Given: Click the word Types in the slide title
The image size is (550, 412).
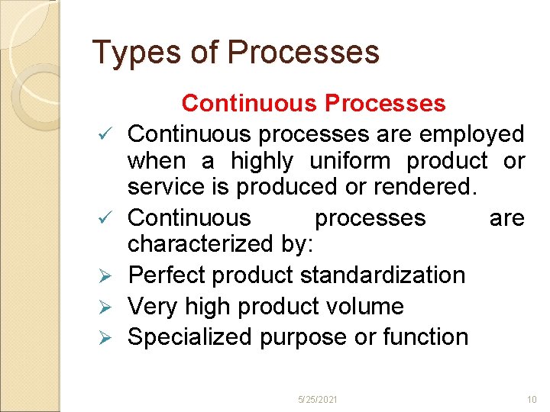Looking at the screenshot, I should pyautogui.click(x=126, y=53).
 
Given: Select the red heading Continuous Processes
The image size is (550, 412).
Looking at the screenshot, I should pyautogui.click(x=313, y=103).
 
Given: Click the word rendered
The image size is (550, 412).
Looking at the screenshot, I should pyautogui.click(x=436, y=187).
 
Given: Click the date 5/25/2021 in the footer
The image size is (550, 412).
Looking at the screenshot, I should pyautogui.click(x=319, y=400).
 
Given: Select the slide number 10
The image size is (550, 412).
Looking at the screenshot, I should pyautogui.click(x=532, y=400).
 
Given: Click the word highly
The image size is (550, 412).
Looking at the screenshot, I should pyautogui.click(x=262, y=161).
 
